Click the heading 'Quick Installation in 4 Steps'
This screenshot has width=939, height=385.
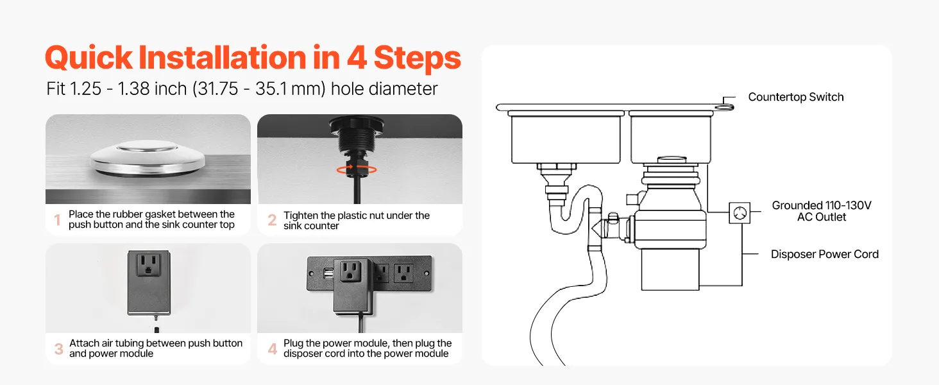pos(253,58)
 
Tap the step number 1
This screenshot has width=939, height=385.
pos(58,219)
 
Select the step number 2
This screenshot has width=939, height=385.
pos(272,220)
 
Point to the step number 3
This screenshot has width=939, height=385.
pos(59,349)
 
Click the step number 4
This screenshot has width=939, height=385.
pos(273,349)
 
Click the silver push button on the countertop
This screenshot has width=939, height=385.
pos(148,158)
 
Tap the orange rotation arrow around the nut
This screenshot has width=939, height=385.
pos(357,169)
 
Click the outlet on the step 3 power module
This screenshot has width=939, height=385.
pos(148,265)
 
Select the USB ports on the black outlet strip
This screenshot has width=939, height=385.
pos(328,274)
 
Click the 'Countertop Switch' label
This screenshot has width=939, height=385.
pos(795,97)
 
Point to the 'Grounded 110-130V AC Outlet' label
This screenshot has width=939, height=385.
pos(822,211)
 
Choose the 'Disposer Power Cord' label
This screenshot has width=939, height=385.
pos(825,254)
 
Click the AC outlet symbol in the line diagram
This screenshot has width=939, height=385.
pos(740,213)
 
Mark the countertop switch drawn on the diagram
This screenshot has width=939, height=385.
pos(724,107)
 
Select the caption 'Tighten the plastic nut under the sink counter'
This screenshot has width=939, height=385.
pos(357,221)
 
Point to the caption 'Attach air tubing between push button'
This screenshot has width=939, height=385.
pos(155,343)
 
